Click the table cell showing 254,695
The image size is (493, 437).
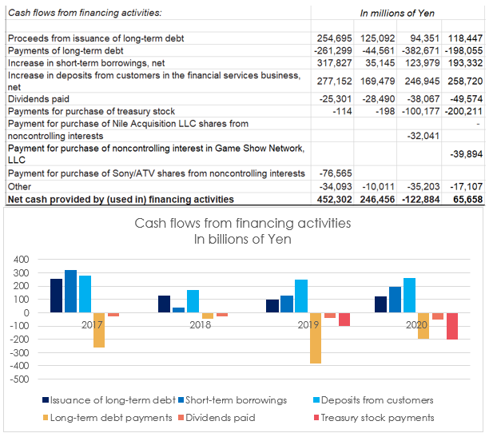[x=334, y=38]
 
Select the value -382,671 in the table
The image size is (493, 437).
[x=420, y=50]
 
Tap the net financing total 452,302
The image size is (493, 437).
[x=334, y=199]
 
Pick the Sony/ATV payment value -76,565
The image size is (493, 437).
[x=336, y=173]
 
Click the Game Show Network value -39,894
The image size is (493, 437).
[x=467, y=154]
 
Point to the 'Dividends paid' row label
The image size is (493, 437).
[x=38, y=99]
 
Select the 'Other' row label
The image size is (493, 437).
[x=19, y=187]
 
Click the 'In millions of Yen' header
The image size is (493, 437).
[x=397, y=14]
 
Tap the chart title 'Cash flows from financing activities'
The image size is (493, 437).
[x=243, y=223]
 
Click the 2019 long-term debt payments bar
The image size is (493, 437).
[x=316, y=338]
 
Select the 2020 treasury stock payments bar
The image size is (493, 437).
[x=452, y=326]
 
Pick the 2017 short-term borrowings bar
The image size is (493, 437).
[x=71, y=291]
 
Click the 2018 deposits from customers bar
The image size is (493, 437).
[x=193, y=301]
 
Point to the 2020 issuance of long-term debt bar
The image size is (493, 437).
[x=381, y=304]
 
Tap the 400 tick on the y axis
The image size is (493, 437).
[x=22, y=260]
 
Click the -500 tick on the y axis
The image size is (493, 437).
[x=19, y=379]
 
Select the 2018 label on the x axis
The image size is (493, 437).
[x=201, y=325]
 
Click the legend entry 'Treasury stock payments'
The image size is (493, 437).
[x=374, y=418]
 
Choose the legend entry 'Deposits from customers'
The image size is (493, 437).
[x=373, y=400]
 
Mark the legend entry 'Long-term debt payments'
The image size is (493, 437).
[x=108, y=418]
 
